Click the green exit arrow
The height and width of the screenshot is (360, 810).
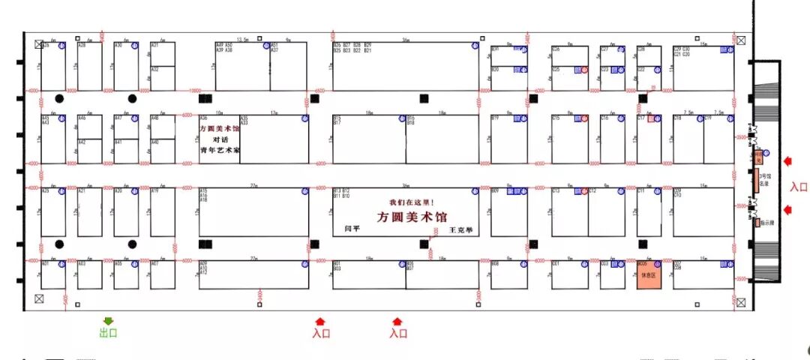109,321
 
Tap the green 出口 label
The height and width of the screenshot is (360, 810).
109,333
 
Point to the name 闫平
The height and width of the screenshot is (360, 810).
352,228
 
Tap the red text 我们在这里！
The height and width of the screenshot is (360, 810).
412,202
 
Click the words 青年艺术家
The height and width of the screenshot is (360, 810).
220,150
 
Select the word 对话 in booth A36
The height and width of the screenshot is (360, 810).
220,139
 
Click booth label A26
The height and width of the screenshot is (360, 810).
45,46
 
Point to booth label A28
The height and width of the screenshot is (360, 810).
82,46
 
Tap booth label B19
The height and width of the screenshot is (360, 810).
495,118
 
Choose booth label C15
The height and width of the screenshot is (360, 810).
556,118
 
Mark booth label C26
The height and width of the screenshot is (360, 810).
556,49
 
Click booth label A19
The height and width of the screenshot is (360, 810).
154,191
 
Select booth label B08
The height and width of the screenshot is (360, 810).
495,264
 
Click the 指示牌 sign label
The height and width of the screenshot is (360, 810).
767,223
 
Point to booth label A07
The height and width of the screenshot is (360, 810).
154,264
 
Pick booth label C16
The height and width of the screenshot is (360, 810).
604,118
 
